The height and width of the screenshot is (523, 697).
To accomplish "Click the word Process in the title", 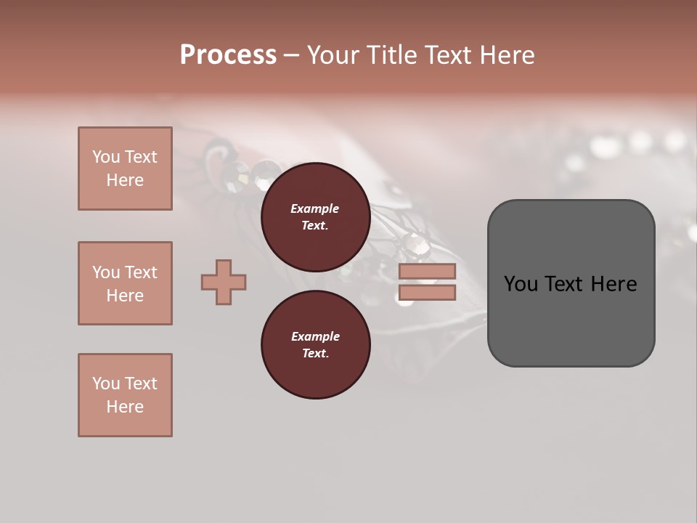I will (x=228, y=55).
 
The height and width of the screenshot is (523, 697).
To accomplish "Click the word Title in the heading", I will (x=391, y=55).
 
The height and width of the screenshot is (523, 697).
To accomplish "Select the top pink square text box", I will (x=125, y=169).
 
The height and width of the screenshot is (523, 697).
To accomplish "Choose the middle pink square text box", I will (x=125, y=283).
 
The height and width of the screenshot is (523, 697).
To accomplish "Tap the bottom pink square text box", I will (x=125, y=395).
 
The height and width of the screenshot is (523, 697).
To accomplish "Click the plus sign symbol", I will (x=224, y=282).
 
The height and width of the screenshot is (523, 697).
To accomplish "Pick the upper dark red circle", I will (x=315, y=217).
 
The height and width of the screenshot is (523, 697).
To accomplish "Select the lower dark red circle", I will (x=315, y=345).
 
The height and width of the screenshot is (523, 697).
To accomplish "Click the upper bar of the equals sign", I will (x=427, y=271).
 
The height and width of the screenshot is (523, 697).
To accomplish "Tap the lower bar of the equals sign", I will (x=427, y=293).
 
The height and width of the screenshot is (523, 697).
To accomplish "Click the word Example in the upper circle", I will (x=315, y=208).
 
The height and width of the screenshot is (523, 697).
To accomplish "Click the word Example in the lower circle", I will (x=315, y=336).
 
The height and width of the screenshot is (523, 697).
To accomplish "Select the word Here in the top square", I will (x=125, y=180).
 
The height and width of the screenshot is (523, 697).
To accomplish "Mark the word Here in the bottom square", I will (x=125, y=407).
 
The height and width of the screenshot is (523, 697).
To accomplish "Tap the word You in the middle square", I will (x=105, y=272).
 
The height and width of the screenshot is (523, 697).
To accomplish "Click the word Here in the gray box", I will (x=614, y=284).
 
